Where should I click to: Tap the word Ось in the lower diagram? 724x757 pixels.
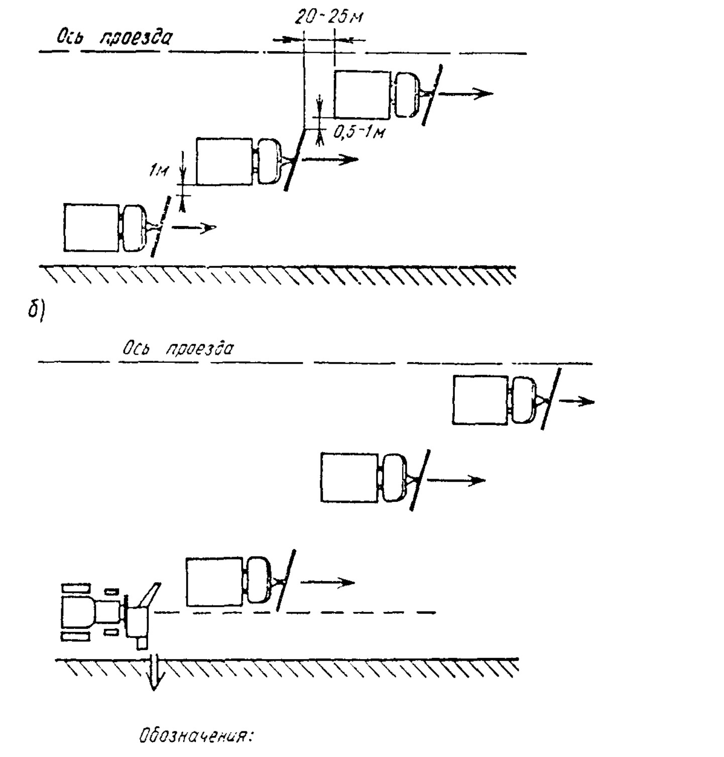136,349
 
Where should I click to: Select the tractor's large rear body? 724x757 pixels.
78,612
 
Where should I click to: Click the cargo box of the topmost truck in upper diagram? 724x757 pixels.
363,94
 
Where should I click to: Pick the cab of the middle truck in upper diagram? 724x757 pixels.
269,162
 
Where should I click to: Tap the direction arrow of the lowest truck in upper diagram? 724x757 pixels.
194,228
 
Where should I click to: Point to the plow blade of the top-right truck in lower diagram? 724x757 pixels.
550,399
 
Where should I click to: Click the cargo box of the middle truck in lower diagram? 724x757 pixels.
349,478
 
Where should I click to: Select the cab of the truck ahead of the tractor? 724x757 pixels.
260,581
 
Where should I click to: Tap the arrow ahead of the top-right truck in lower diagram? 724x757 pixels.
577,401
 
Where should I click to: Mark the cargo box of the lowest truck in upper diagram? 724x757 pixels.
92,228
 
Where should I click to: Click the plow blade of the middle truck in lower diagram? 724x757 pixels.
420,480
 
